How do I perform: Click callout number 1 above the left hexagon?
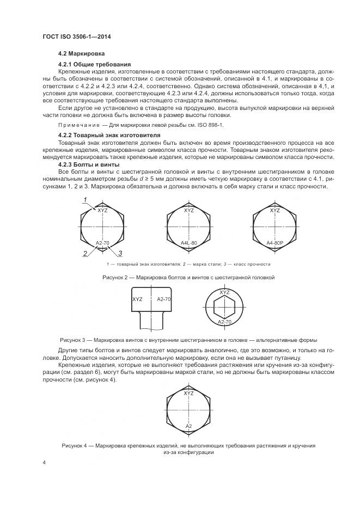click(x=86, y=201)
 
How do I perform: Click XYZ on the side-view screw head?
click(x=137, y=299)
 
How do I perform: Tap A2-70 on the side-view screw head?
click(x=164, y=299)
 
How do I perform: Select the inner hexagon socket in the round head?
click(x=224, y=307)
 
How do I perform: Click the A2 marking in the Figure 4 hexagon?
click(x=189, y=425)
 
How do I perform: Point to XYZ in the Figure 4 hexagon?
click(x=189, y=393)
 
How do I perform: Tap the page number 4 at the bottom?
click(x=44, y=463)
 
